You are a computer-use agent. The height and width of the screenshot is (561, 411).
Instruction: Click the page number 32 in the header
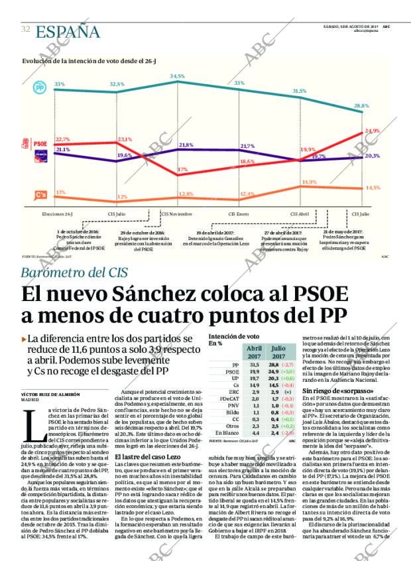(25, 29)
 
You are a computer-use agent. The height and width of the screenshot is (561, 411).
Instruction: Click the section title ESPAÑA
(68, 31)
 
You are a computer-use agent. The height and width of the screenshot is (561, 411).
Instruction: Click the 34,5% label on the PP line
(177, 77)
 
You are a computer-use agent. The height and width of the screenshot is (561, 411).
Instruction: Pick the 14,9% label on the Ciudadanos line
(309, 182)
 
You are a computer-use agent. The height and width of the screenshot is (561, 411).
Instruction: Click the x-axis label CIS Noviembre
(177, 214)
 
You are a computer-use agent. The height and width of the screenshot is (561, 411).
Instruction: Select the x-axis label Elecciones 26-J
(57, 214)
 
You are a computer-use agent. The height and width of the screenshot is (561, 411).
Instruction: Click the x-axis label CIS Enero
(239, 214)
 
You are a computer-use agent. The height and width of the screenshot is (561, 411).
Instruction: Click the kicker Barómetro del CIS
(73, 273)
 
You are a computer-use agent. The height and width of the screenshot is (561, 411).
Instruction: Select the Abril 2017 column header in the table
(254, 351)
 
